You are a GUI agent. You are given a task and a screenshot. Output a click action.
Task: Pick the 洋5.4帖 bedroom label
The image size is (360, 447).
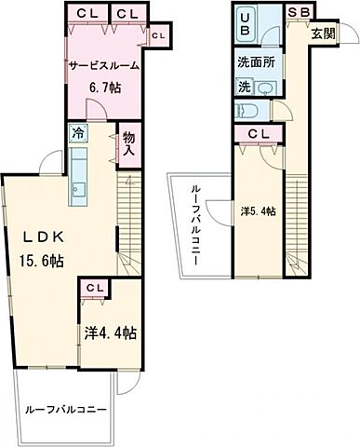click(x=259, y=210)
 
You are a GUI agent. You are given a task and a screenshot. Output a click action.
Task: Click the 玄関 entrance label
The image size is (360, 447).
click(x=323, y=34)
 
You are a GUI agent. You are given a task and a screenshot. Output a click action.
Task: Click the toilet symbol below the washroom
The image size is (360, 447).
click(x=247, y=110)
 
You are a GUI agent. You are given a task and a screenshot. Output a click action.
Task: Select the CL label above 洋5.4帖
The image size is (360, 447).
click(x=258, y=133)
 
